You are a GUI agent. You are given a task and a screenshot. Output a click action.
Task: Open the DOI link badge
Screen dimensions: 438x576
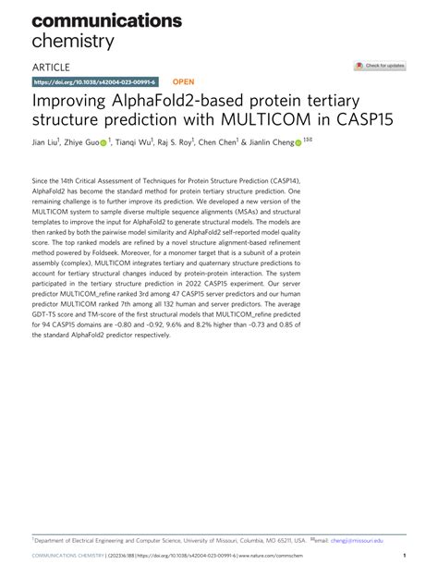coord(94,82)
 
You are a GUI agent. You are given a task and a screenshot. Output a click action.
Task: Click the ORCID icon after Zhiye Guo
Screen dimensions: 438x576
coord(103,143)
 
